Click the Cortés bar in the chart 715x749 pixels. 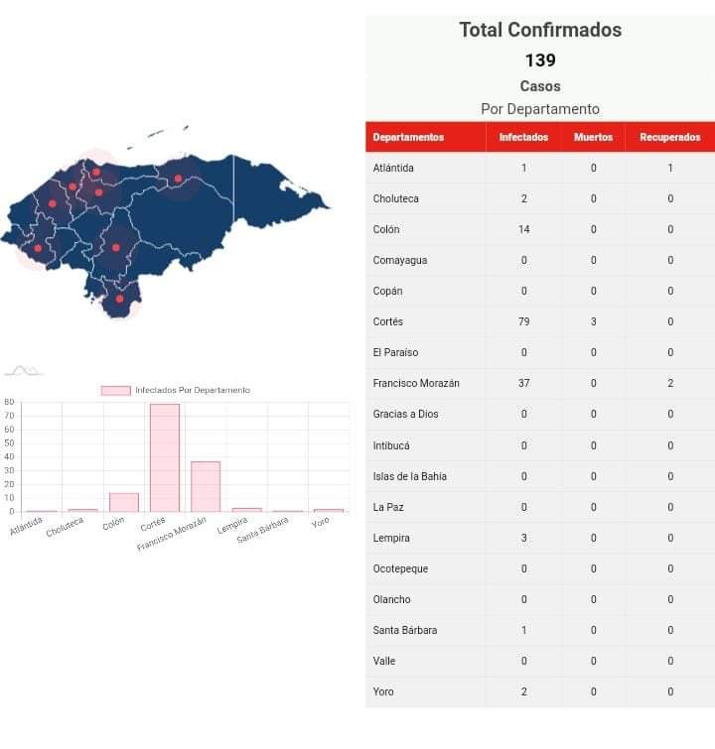(165, 457)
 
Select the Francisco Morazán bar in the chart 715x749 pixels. (206, 486)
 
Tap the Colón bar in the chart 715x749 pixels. (124, 502)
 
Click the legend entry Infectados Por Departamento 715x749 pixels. (176, 390)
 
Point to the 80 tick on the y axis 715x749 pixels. (9, 403)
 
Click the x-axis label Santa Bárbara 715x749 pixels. (263, 527)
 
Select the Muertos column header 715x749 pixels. (594, 137)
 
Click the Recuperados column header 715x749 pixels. (670, 137)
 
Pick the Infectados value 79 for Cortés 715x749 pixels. (523, 321)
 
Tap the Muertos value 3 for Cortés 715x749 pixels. (594, 321)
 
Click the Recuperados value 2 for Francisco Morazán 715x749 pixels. (670, 383)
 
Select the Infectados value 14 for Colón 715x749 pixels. (523, 229)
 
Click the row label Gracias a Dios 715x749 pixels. (405, 414)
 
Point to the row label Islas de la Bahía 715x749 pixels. (409, 476)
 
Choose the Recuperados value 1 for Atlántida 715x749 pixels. (670, 168)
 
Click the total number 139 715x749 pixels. (540, 61)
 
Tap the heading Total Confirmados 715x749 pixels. (540, 30)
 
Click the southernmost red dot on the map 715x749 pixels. (119, 299)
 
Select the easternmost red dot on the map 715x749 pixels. (178, 179)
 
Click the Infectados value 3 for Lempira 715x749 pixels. (523, 538)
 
